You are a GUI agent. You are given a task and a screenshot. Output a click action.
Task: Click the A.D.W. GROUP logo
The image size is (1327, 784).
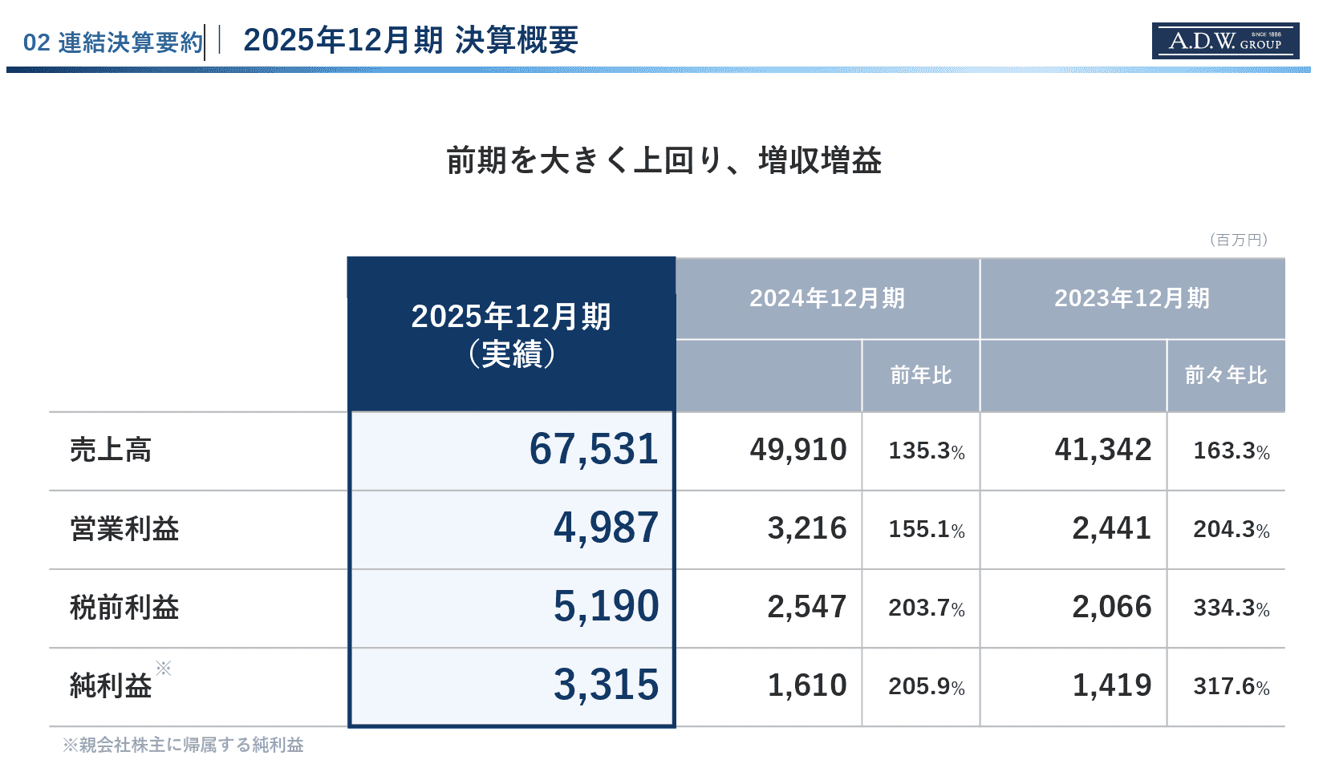pyautogui.click(x=1225, y=41)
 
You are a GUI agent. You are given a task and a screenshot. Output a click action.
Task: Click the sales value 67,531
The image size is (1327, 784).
pyautogui.click(x=594, y=449)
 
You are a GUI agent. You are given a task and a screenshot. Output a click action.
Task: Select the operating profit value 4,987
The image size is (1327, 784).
pyautogui.click(x=606, y=527)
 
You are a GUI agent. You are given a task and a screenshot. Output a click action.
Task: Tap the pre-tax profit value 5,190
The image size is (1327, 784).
pyautogui.click(x=606, y=606)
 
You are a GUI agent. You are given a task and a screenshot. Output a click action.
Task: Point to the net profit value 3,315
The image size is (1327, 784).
pyautogui.click(x=606, y=685)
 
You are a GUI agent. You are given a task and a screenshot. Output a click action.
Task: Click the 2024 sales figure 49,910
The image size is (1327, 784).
pyautogui.click(x=798, y=450)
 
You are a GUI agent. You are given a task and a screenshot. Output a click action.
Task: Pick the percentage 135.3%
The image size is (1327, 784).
pyautogui.click(x=927, y=451)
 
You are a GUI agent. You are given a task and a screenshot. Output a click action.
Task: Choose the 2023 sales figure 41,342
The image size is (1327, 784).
pyautogui.click(x=1103, y=450)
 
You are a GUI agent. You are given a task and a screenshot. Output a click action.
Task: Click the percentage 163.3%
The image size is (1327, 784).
pyautogui.click(x=1232, y=451)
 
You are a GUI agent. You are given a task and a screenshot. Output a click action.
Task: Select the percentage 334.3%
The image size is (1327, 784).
pyautogui.click(x=1232, y=608)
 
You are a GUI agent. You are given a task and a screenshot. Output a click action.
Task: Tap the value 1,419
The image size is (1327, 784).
pyautogui.click(x=1112, y=685)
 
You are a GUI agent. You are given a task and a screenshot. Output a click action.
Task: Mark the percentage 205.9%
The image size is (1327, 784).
pyautogui.click(x=927, y=687)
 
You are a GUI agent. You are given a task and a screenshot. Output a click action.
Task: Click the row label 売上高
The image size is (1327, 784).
pyautogui.click(x=111, y=450)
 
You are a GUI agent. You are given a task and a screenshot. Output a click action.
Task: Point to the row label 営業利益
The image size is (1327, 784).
pyautogui.click(x=124, y=528)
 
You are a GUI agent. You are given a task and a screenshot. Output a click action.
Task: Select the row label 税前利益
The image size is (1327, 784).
pyautogui.click(x=124, y=607)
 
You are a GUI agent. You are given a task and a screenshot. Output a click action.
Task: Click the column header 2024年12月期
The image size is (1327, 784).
pyautogui.click(x=828, y=298)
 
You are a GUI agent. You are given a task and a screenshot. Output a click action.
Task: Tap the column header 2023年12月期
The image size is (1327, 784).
pyautogui.click(x=1132, y=298)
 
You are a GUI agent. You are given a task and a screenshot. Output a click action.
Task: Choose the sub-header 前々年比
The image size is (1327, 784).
pyautogui.click(x=1226, y=375)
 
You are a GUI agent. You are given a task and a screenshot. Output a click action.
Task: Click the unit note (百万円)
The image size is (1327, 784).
pyautogui.click(x=1238, y=240)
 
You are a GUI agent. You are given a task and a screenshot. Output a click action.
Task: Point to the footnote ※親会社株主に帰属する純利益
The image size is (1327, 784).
pyautogui.click(x=183, y=745)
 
